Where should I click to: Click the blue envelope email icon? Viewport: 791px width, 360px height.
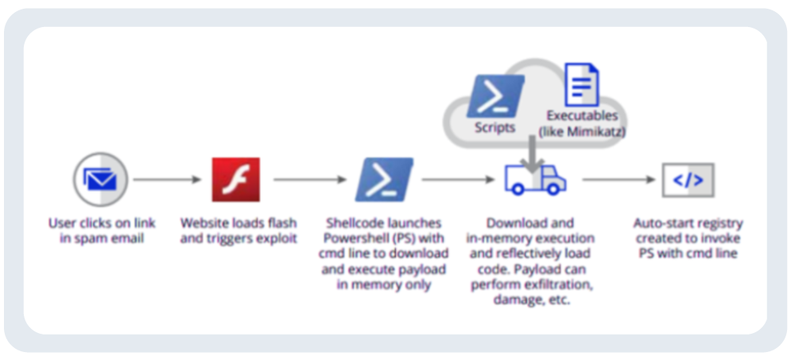pyautogui.click(x=101, y=179)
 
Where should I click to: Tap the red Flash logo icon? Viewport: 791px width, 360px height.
pyautogui.click(x=236, y=180)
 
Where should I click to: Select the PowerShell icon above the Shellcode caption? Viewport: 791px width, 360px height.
pyautogui.click(x=384, y=180)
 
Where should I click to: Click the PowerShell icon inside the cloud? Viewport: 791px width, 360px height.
pyautogui.click(x=495, y=96)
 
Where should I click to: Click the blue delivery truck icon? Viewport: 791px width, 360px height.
pyautogui.click(x=535, y=179)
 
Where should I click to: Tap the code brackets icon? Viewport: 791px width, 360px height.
pyautogui.click(x=688, y=180)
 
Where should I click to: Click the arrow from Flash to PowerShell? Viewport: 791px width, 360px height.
pyautogui.click(x=310, y=180)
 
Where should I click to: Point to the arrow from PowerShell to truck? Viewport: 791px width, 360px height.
pyautogui.click(x=458, y=180)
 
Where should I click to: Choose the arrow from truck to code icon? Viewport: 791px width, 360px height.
pyautogui.click(x=618, y=180)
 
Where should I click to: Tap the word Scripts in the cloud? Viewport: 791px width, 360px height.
pyautogui.click(x=495, y=128)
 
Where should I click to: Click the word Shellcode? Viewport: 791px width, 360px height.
pyautogui.click(x=356, y=223)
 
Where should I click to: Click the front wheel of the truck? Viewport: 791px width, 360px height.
pyautogui.click(x=553, y=189)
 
